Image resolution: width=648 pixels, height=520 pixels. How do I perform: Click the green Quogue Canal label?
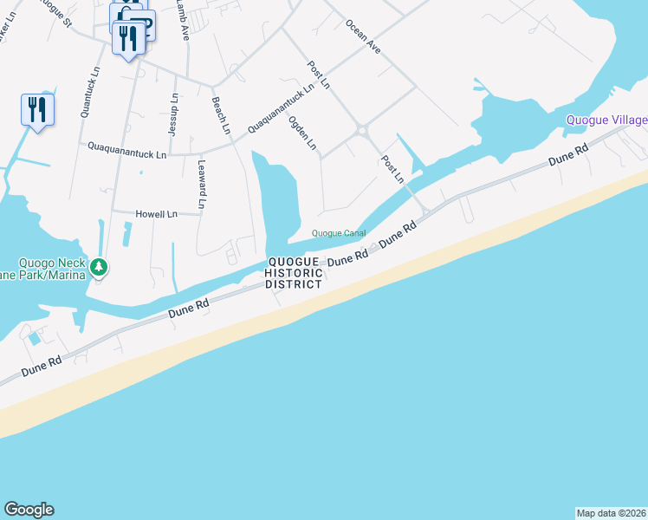click(339, 233)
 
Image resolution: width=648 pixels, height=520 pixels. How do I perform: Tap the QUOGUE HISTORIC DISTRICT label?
click(295, 273)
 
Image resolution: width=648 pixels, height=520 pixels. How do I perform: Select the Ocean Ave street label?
click(362, 36)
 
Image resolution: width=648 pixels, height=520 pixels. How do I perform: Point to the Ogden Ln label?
click(302, 133)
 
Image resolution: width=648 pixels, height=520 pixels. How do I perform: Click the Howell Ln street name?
click(156, 213)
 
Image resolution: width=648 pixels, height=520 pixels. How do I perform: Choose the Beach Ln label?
click(222, 115)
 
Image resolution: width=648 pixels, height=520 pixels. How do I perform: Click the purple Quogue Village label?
click(606, 120)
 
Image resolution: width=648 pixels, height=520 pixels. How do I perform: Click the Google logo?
click(29, 510)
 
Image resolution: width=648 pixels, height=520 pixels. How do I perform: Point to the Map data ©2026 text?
click(612, 513)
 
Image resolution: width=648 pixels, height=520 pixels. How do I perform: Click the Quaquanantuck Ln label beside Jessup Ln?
click(126, 152)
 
